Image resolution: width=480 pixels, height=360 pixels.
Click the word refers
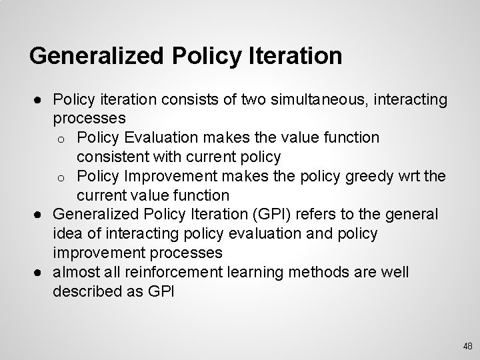pyautogui.click(x=329, y=215)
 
